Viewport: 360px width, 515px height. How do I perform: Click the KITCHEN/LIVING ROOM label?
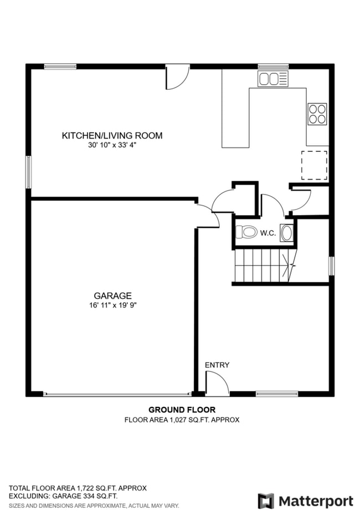pyautogui.click(x=112, y=135)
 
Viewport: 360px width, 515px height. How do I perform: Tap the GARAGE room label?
pyautogui.click(x=112, y=295)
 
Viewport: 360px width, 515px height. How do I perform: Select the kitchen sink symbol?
pyautogui.click(x=272, y=79)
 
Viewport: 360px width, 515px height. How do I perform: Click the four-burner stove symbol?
pyautogui.click(x=317, y=114)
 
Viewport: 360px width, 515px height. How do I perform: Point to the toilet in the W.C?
pyautogui.click(x=246, y=232)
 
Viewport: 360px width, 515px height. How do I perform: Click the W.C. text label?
pyautogui.click(x=268, y=233)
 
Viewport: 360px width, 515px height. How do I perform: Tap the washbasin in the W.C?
pyautogui.click(x=286, y=233)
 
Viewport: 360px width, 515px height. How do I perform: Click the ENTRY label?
pyautogui.click(x=217, y=365)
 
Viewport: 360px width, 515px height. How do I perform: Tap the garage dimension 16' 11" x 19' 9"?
pyautogui.click(x=112, y=305)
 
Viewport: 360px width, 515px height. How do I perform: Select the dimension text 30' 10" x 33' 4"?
pyautogui.click(x=112, y=145)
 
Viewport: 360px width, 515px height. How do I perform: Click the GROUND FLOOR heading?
pyautogui.click(x=182, y=410)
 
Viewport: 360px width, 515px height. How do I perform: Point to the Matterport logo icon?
pyautogui.click(x=266, y=501)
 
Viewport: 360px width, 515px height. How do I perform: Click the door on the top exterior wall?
pyautogui.click(x=178, y=77)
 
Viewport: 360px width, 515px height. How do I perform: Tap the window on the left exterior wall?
pyautogui.click(x=29, y=172)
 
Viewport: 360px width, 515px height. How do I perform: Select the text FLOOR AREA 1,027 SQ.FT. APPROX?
pyautogui.click(x=182, y=420)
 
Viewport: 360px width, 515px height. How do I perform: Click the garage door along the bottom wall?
pyautogui.click(x=117, y=394)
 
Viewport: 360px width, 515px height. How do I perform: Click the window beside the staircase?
pyautogui.click(x=331, y=266)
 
